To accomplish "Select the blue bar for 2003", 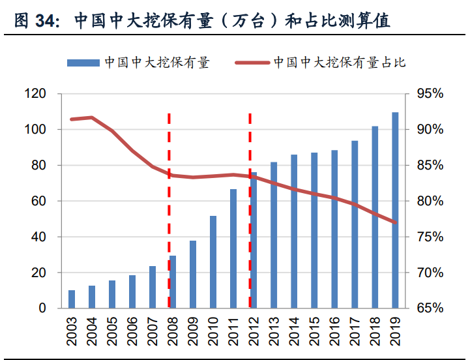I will [72, 299].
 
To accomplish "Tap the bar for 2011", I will [233, 248].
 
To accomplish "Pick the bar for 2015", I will [314, 230].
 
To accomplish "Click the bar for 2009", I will [193, 275].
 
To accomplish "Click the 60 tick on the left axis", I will [38, 202].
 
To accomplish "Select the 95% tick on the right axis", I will [429, 95].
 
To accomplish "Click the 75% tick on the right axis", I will [429, 237].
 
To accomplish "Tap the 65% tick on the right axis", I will [429, 308].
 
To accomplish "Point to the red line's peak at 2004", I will [92, 117].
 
